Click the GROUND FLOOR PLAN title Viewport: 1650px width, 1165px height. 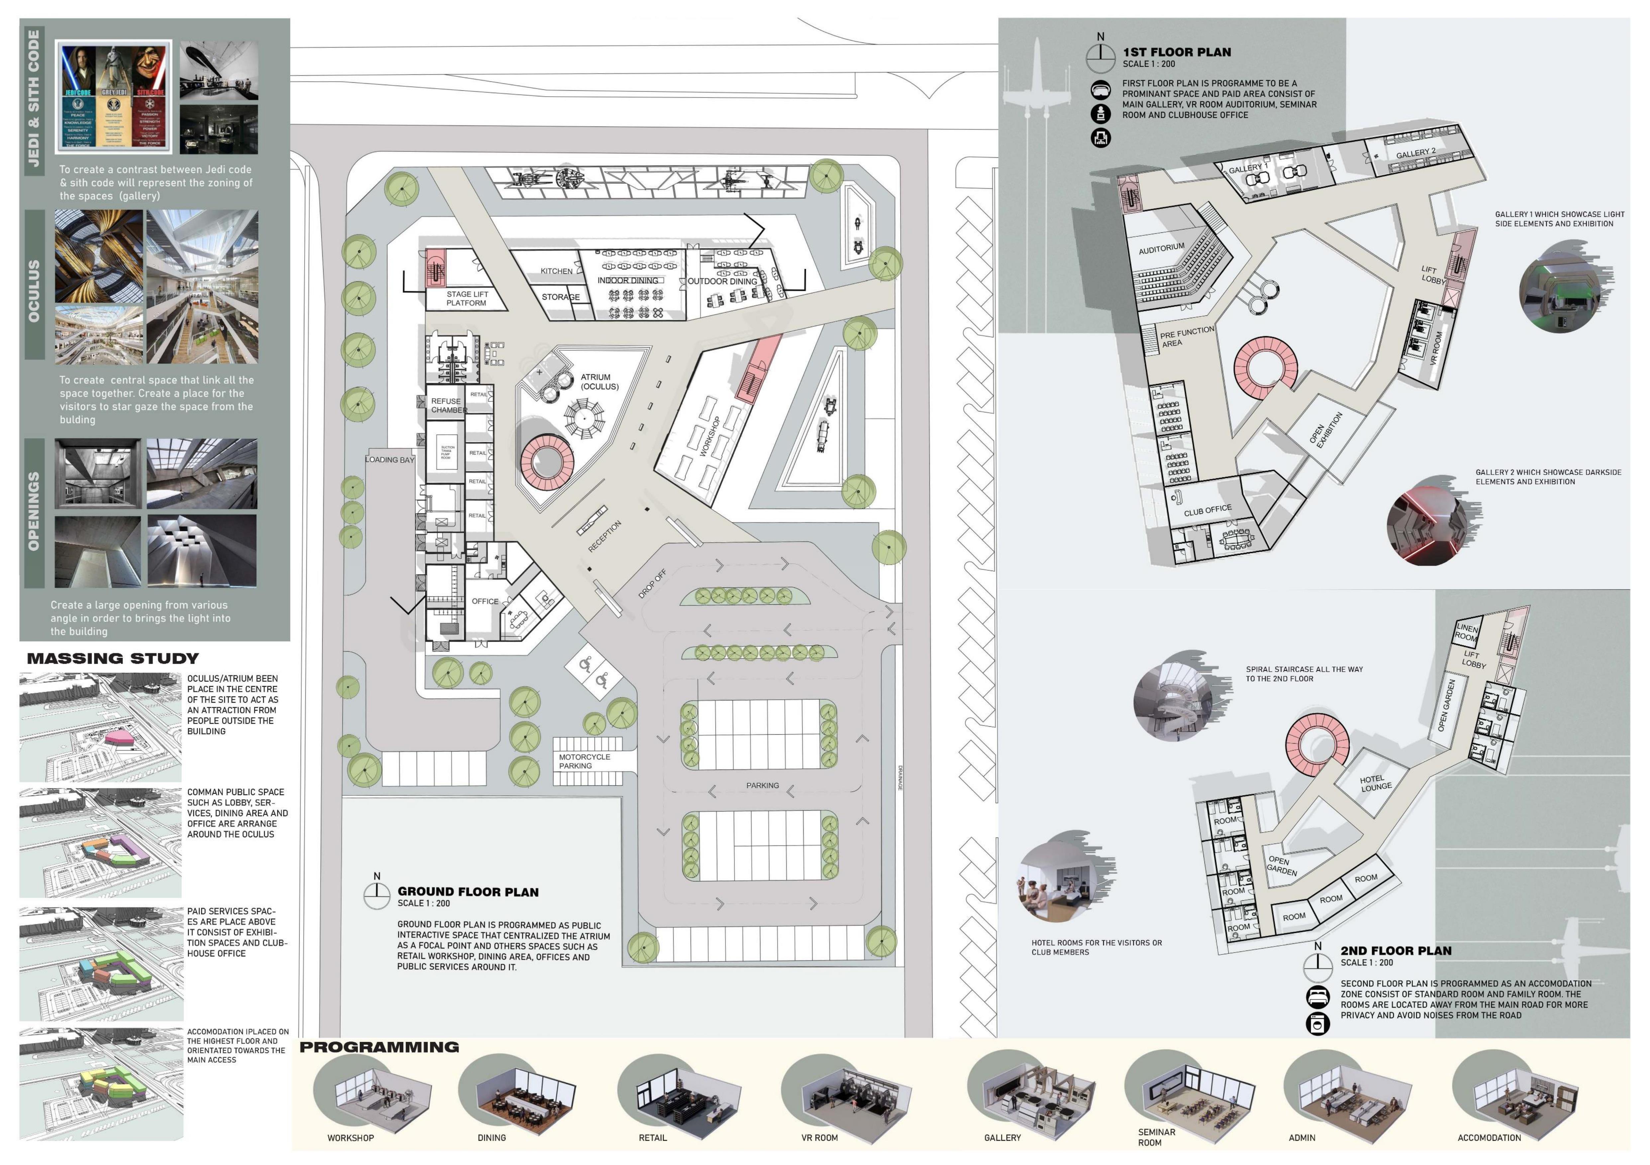[x=468, y=892]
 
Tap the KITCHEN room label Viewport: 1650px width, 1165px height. [x=556, y=271]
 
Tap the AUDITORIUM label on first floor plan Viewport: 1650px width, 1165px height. [x=1161, y=248]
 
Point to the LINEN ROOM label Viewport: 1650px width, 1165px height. [x=1466, y=633]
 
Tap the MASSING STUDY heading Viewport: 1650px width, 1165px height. [x=113, y=658]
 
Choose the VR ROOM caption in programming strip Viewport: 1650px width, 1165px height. [x=819, y=1138]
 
